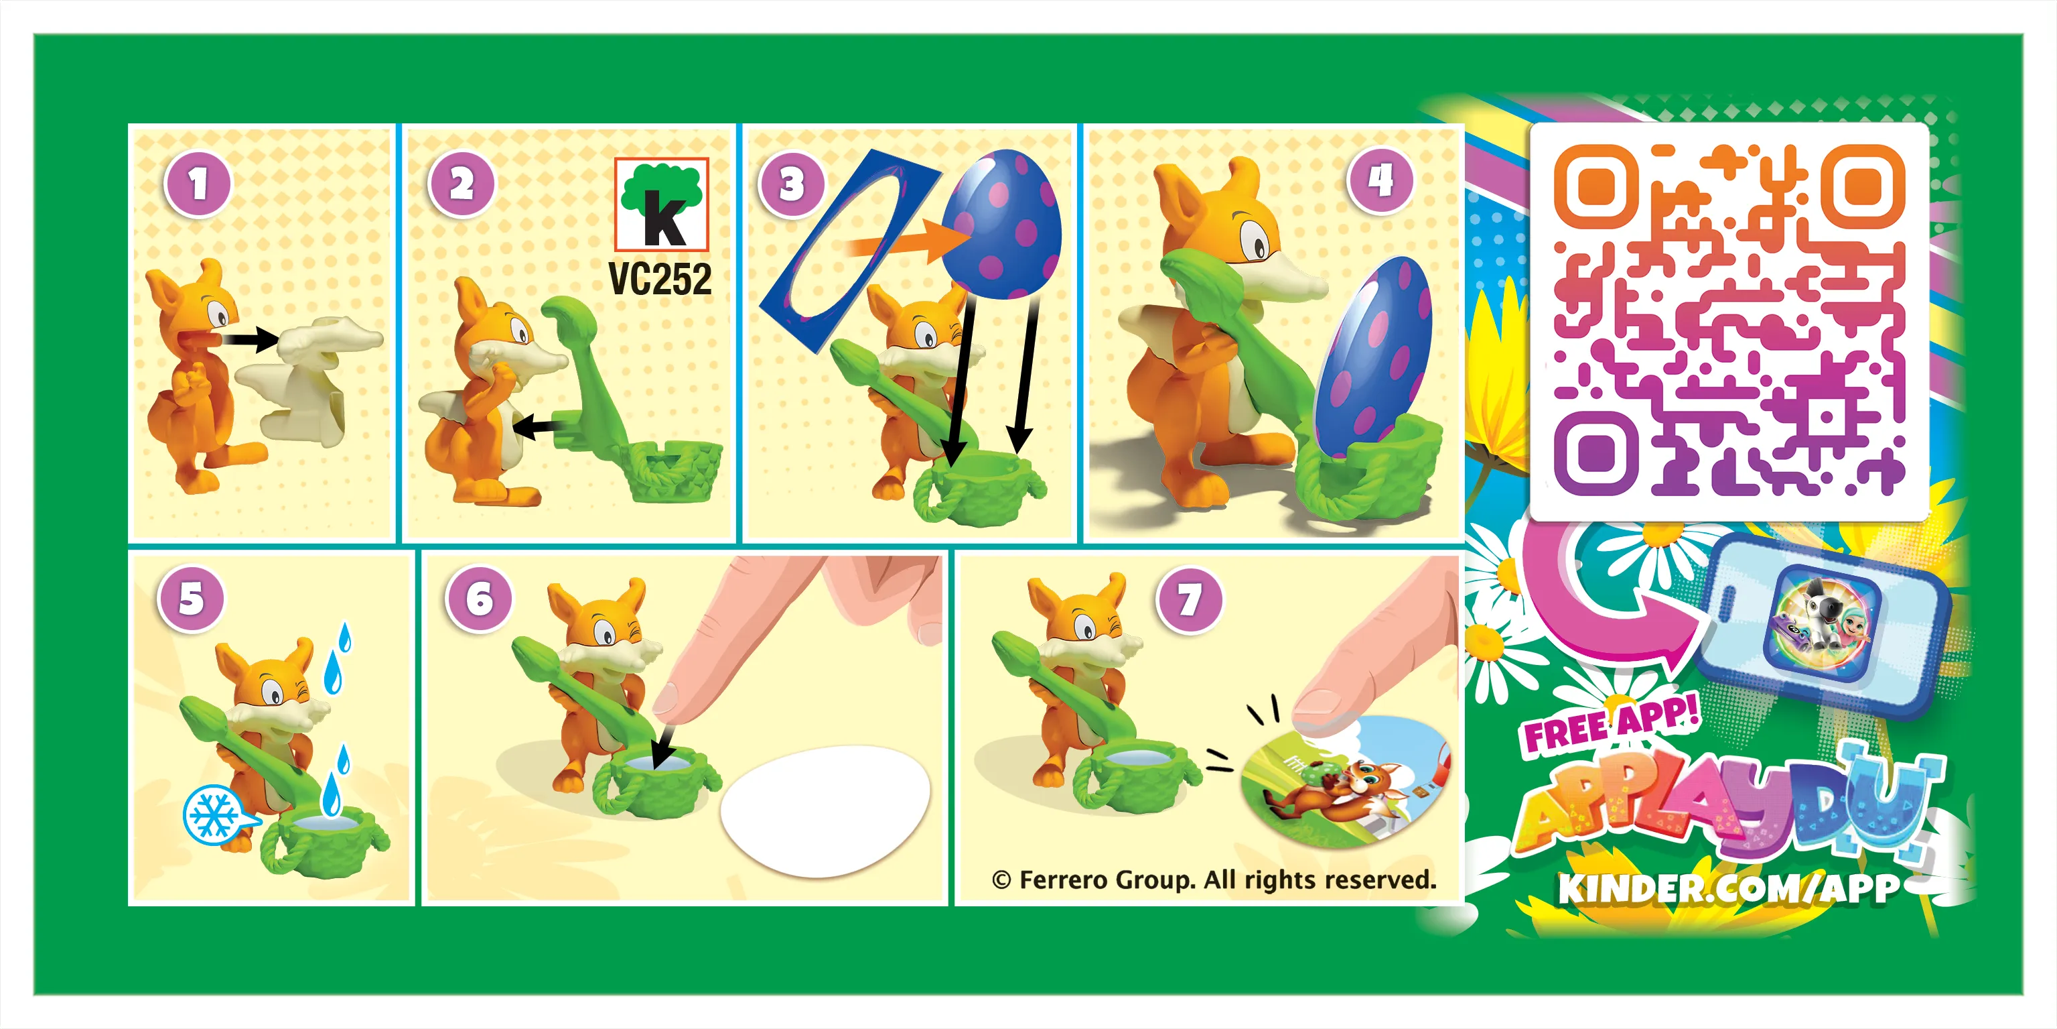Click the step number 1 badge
[198, 184]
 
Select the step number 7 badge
[1190, 599]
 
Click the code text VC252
[660, 279]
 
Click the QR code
[1729, 320]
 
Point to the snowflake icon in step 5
[212, 815]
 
